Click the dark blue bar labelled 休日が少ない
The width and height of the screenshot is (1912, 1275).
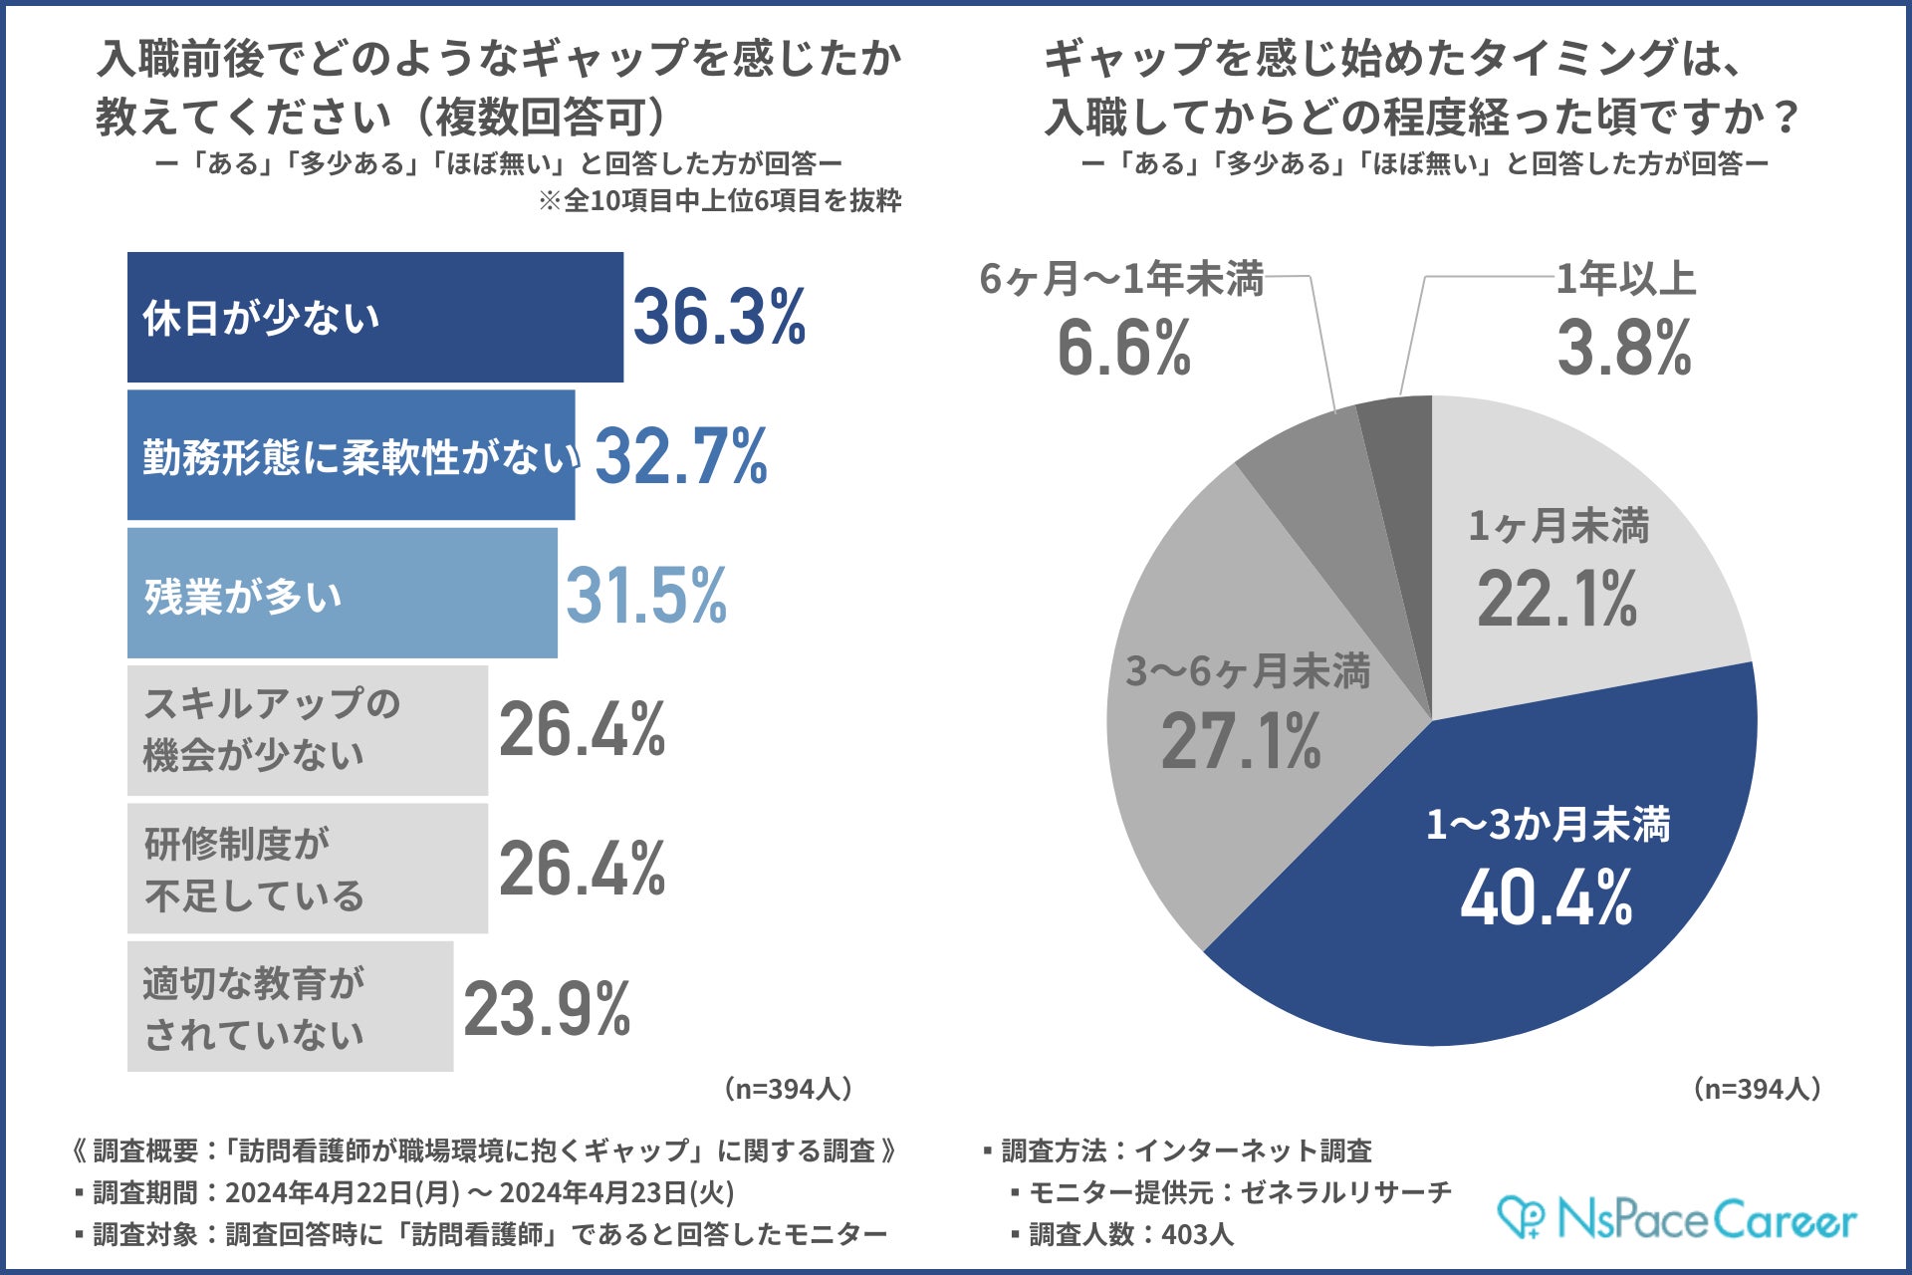click(374, 317)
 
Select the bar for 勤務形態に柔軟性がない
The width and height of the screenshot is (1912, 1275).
click(351, 455)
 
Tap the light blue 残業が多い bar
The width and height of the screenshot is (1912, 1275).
click(342, 594)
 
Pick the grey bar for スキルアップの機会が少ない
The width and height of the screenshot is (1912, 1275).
click(307, 730)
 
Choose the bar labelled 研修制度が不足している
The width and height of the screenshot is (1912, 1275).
click(307, 869)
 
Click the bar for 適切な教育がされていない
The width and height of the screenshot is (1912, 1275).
click(290, 1007)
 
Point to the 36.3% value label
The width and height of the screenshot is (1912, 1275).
click(719, 317)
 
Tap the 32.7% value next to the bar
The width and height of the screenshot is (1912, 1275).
click(681, 456)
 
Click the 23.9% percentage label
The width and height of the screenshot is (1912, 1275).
click(547, 1008)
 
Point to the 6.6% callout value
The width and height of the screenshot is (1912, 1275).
click(1123, 348)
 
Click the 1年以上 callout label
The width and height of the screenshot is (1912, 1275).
click(1625, 279)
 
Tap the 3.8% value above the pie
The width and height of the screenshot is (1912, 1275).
click(1624, 348)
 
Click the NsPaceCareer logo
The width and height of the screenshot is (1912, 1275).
click(1677, 1219)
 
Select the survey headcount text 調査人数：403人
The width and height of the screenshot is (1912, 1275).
click(1131, 1234)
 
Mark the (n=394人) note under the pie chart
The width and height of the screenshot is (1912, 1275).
click(1757, 1089)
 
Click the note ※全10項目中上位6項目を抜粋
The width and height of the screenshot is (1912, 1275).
click(719, 201)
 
